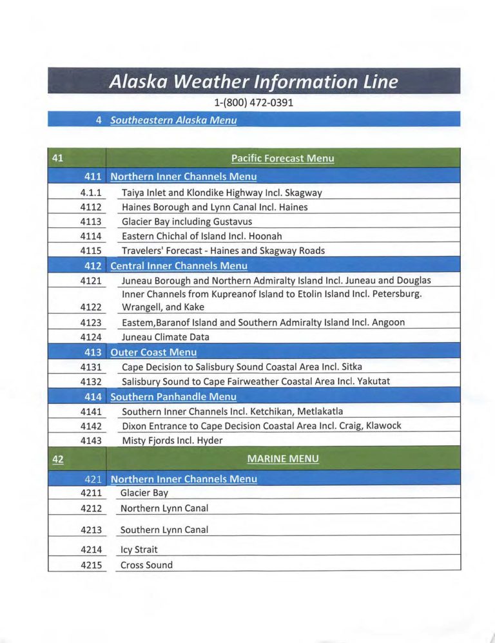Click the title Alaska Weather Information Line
pyautogui.click(x=253, y=82)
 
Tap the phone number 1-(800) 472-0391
pyautogui.click(x=253, y=102)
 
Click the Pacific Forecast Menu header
pyautogui.click(x=282, y=158)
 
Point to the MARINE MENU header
pyautogui.click(x=283, y=459)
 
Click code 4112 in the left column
pyautogui.click(x=92, y=207)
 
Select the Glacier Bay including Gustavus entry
pyautogui.click(x=187, y=222)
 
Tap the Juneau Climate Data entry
pyautogui.click(x=166, y=337)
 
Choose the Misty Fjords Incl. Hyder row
pyautogui.click(x=172, y=441)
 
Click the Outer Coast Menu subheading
pyautogui.click(x=153, y=352)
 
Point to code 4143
pyautogui.click(x=92, y=441)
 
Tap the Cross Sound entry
pyautogui.click(x=146, y=565)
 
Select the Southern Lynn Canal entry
pyautogui.click(x=164, y=530)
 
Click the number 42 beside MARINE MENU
pyautogui.click(x=57, y=459)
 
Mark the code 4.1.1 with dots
pyautogui.click(x=92, y=193)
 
